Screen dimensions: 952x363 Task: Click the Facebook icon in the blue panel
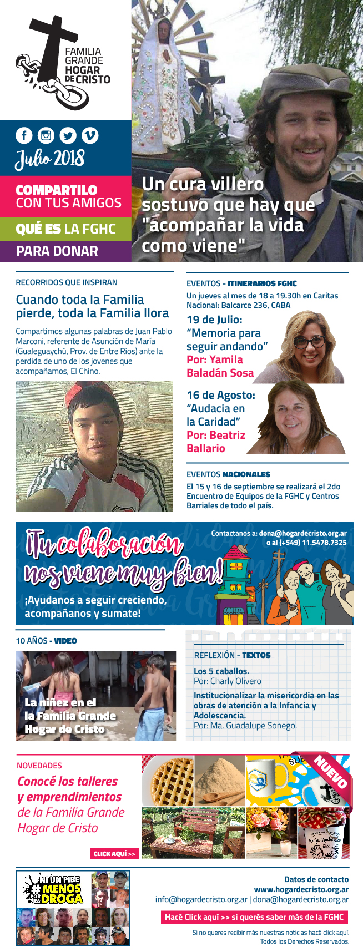[24, 135]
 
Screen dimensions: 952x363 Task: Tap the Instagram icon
[46, 135]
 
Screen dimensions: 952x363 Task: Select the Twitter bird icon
[68, 135]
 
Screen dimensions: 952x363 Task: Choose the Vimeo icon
[90, 135]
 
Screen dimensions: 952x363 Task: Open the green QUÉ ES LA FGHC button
[65, 229]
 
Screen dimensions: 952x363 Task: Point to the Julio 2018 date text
[50, 158]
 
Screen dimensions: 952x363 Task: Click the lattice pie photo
[168, 781]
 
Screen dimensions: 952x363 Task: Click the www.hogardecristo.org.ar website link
[301, 889]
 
